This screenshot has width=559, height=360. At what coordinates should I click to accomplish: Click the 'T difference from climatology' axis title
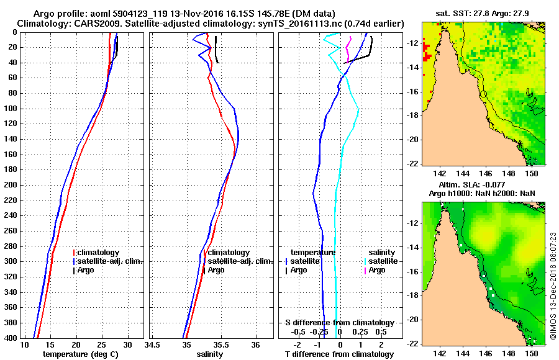pyautogui.click(x=339, y=354)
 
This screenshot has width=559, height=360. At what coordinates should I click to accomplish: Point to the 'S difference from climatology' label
pyautogui.click(x=339, y=323)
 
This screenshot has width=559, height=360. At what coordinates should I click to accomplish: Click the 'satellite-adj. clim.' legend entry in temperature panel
pyautogui.click(x=110, y=261)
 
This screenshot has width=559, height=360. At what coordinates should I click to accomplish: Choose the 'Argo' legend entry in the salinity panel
pyautogui.click(x=216, y=270)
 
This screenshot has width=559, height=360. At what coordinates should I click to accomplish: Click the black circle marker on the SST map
pyautogui.click(x=483, y=94)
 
